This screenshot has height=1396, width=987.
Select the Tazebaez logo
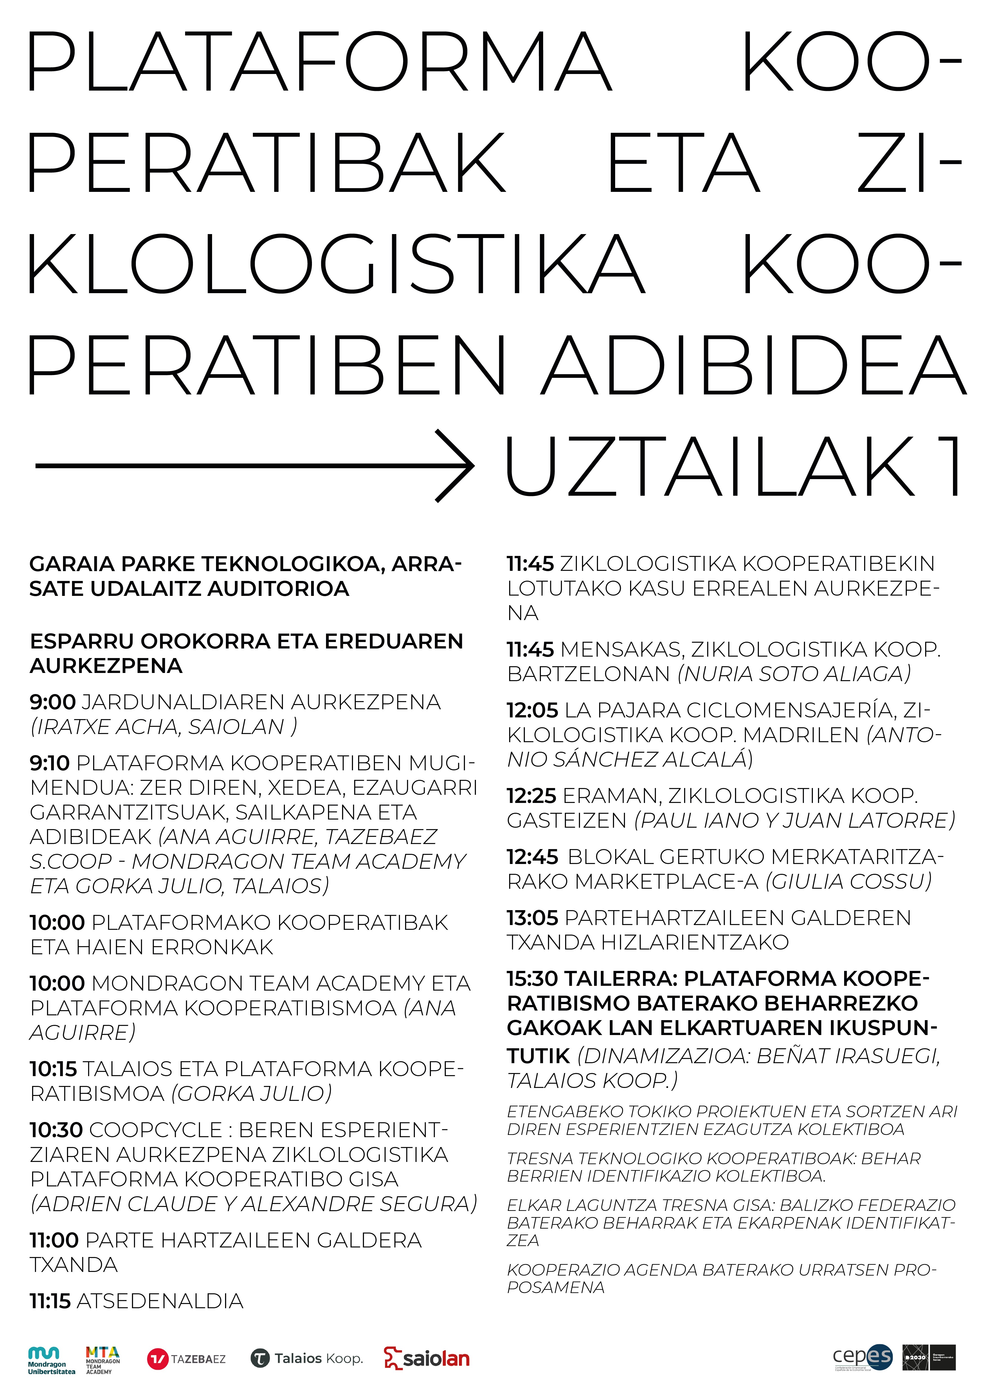coord(186,1359)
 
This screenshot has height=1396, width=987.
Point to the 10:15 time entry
coord(53,1068)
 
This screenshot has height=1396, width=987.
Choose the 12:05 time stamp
coord(532,710)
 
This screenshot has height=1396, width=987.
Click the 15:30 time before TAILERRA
coord(532,978)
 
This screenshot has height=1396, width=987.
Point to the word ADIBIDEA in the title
coord(754,365)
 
